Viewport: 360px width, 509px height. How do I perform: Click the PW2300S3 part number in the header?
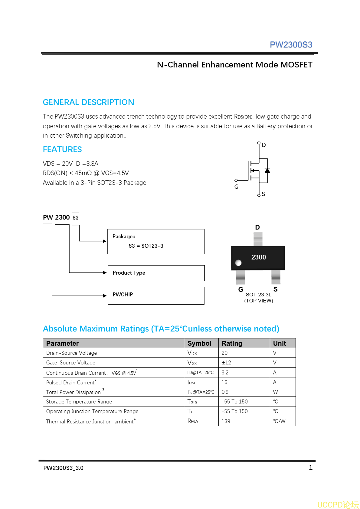click(291, 45)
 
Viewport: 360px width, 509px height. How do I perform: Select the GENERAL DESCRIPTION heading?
click(88, 102)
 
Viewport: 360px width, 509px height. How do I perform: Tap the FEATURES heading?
click(62, 149)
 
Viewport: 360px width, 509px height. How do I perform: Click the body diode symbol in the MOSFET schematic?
click(267, 171)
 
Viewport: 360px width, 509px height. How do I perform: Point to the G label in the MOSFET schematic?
click(236, 187)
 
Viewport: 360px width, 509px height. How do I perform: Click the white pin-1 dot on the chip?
click(238, 263)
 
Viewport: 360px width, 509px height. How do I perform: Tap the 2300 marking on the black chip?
click(259, 257)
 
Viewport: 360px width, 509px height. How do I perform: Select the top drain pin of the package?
click(258, 239)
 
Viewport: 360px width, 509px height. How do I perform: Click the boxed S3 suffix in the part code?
click(75, 217)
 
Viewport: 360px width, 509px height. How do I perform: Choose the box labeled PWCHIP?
click(156, 295)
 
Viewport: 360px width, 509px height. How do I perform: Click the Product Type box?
click(156, 273)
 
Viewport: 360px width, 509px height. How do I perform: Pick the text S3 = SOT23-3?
click(146, 246)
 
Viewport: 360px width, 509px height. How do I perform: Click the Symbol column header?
click(199, 343)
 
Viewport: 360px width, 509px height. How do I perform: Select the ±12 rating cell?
click(226, 363)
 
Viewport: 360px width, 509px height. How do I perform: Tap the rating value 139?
click(226, 421)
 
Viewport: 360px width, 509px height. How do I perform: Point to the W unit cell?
click(275, 392)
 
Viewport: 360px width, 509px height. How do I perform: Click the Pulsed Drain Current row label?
click(71, 383)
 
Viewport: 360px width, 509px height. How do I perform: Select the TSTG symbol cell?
click(192, 402)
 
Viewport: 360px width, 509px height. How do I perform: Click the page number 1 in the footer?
click(310, 468)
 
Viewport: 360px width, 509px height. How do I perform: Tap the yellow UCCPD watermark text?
click(338, 504)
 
